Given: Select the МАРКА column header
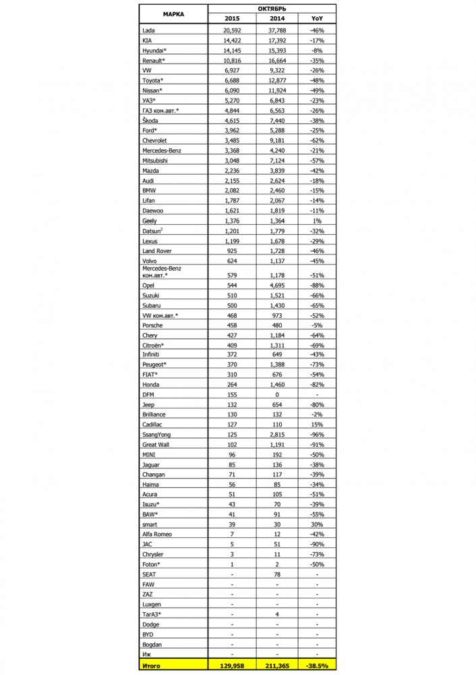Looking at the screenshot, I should coord(173,13).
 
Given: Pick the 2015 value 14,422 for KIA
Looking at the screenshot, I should coord(232,40).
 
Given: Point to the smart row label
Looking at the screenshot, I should coord(151,524).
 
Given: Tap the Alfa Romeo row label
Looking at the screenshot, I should coord(157,534).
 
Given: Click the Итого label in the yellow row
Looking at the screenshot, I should coord(152,665).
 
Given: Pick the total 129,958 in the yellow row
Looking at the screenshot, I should coord(232,665).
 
